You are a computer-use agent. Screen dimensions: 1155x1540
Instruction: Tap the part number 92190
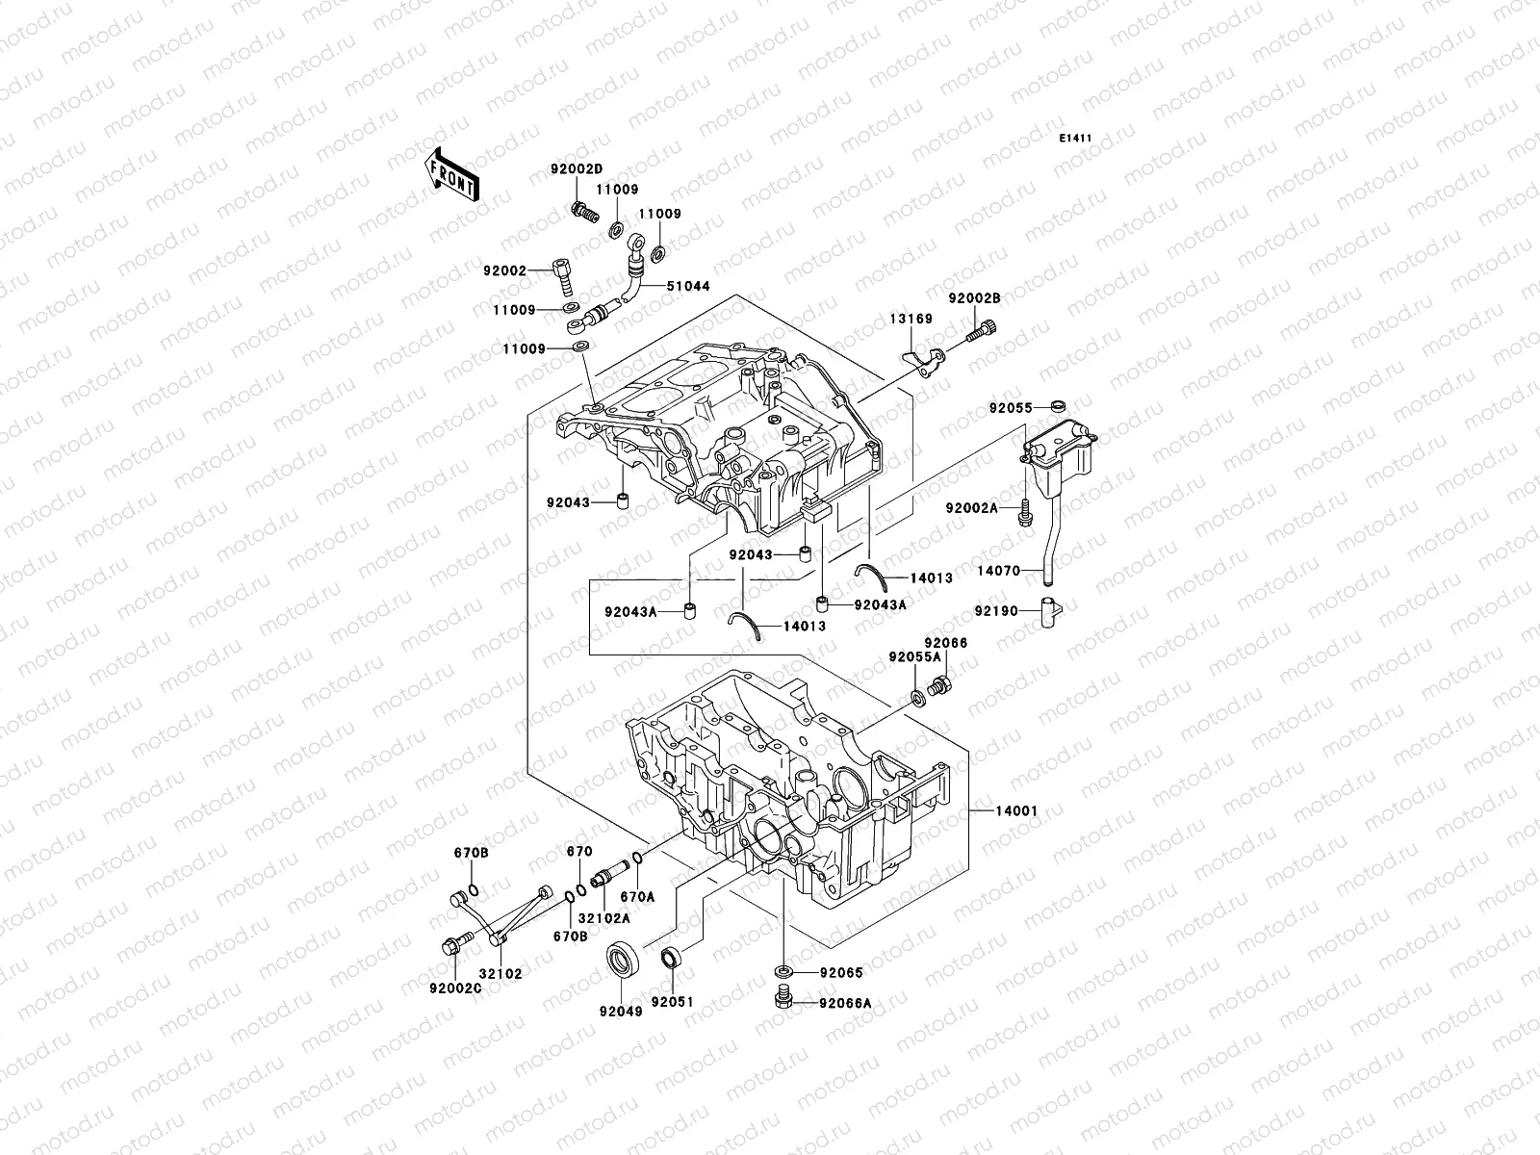(996, 610)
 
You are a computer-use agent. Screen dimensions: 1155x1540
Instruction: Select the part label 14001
(1016, 810)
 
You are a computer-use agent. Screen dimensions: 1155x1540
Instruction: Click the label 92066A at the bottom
(845, 1003)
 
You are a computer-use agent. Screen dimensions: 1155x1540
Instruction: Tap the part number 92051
(672, 1002)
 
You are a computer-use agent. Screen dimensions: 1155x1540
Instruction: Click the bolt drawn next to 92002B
(982, 334)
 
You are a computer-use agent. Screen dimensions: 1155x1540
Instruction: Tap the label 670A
(637, 896)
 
